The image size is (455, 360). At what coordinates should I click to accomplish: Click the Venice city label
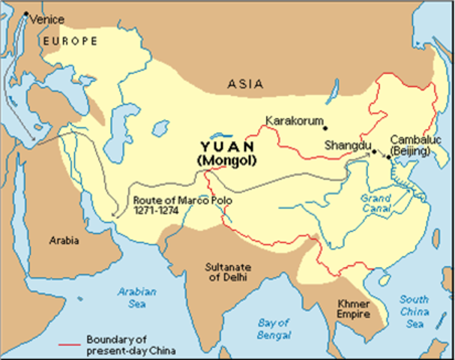point(47,19)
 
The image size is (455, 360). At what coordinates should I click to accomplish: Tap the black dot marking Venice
point(26,13)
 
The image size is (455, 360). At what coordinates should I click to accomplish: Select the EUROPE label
point(70,40)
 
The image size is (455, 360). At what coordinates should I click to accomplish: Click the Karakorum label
point(295,121)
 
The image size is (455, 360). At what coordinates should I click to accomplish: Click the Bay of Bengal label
point(274,328)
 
